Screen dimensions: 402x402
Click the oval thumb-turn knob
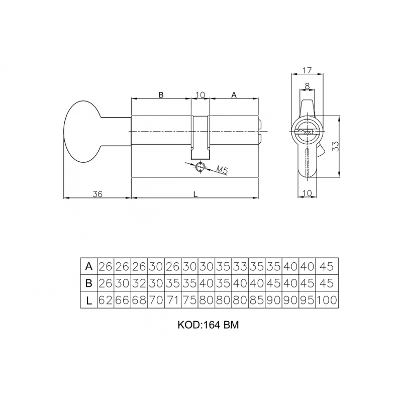tap(82, 132)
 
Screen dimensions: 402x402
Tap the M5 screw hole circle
tap(200, 167)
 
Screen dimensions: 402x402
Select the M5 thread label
tap(222, 170)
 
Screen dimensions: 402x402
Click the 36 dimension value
tap(97, 194)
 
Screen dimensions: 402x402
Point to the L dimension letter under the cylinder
tap(195, 194)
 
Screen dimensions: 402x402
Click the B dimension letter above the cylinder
tap(161, 95)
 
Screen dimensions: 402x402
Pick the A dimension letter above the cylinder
tap(234, 95)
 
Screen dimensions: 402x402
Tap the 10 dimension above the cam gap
tap(200, 95)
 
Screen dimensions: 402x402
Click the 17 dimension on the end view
tap(307, 70)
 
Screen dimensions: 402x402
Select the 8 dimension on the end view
tap(307, 86)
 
